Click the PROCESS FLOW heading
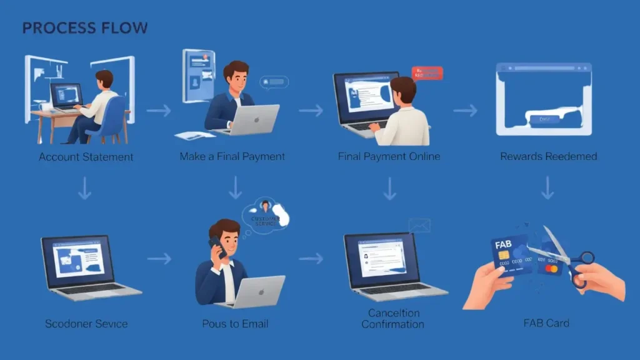click(x=85, y=28)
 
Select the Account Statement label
click(x=86, y=157)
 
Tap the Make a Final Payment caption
click(x=232, y=156)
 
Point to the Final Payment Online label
click(x=389, y=156)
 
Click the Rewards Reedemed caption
click(x=548, y=156)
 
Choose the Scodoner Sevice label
click(x=86, y=324)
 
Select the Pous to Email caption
click(x=235, y=324)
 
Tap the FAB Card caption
click(x=546, y=323)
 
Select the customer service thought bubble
click(x=267, y=214)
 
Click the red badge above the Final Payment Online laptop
click(x=427, y=74)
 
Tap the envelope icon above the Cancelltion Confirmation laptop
click(x=419, y=226)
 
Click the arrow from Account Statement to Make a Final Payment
click(x=159, y=111)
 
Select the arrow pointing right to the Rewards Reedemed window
click(x=465, y=111)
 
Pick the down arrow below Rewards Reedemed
click(x=547, y=187)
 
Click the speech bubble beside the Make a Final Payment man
click(x=275, y=82)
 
